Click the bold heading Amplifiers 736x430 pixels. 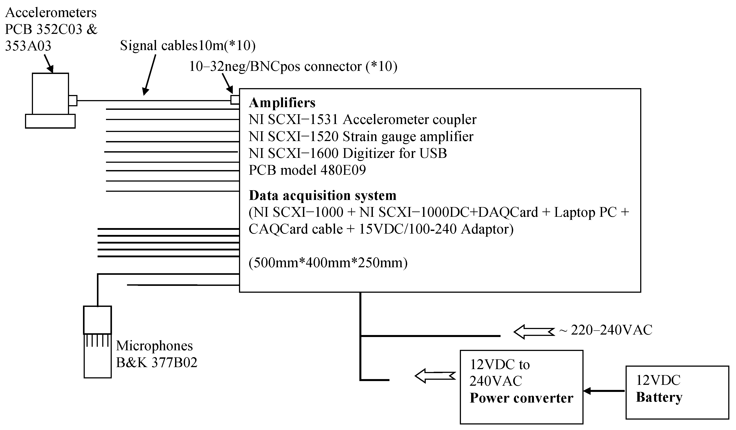[282, 103]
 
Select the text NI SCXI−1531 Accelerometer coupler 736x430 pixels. [362, 120]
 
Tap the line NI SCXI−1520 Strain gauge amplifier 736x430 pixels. [361, 137]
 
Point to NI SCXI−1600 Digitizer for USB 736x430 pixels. [348, 153]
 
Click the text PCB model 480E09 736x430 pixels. [307, 170]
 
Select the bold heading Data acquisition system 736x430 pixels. [322, 195]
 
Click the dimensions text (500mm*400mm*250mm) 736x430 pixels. [328, 263]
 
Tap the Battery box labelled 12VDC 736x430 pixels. [677, 392]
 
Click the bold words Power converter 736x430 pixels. [521, 398]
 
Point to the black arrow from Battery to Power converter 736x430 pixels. [604, 391]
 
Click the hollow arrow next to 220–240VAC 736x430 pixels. [534, 332]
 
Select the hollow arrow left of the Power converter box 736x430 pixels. [435, 376]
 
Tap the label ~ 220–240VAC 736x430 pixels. [606, 330]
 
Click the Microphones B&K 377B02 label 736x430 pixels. [156, 354]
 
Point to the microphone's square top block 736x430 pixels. [97, 320]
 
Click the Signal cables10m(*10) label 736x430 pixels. [187, 46]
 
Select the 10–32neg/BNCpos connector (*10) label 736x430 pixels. [293, 66]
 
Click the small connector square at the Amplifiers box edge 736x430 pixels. [235, 100]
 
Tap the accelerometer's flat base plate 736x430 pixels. [50, 121]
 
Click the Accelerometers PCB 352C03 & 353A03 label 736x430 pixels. [51, 29]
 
